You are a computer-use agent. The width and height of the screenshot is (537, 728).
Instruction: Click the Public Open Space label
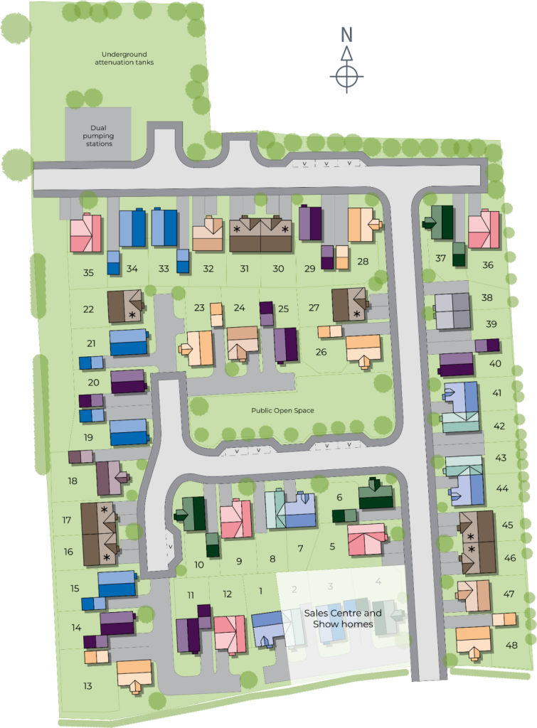tap(282, 410)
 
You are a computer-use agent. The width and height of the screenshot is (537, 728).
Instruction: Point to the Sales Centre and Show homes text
tap(343, 619)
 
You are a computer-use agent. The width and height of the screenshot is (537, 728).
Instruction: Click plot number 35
tap(88, 272)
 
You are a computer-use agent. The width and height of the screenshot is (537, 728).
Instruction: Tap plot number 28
tap(363, 262)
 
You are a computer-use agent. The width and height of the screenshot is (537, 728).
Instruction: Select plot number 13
tap(87, 686)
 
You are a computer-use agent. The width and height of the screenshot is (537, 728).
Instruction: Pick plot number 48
tap(512, 645)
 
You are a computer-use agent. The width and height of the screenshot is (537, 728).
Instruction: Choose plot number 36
tap(487, 264)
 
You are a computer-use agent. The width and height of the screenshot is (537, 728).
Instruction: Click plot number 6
tap(339, 498)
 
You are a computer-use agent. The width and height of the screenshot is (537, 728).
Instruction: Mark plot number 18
tap(73, 481)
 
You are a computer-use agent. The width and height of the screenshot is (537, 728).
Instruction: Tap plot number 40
tap(496, 363)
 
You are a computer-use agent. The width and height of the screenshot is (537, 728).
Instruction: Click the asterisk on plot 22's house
tap(132, 314)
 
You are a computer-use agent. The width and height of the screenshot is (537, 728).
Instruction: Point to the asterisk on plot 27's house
tap(356, 313)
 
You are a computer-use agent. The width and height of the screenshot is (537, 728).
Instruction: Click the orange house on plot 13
tap(134, 673)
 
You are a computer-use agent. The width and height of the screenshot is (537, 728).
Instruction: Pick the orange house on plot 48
tap(474, 640)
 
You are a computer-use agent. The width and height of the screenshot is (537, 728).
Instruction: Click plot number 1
tap(261, 590)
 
